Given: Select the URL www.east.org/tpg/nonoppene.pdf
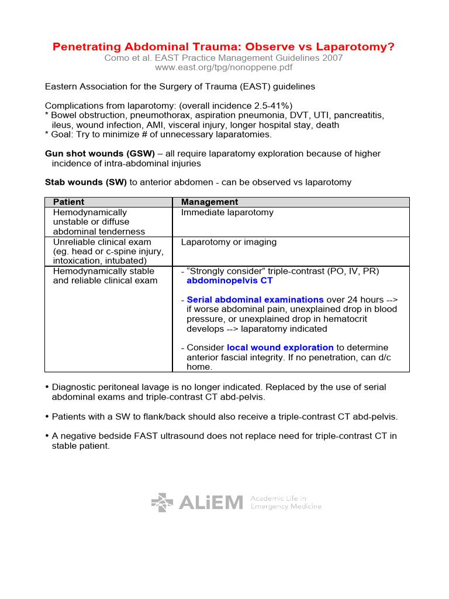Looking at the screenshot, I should click(x=223, y=67).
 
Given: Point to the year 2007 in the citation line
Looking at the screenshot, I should click(x=333, y=58).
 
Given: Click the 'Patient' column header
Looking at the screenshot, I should click(x=68, y=202).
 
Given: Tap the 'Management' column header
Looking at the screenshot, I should click(x=209, y=202).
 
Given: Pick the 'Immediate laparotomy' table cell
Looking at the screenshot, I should click(x=227, y=212).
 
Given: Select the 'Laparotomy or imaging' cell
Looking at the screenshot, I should click(x=229, y=242).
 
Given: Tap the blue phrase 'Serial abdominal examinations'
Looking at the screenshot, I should click(x=255, y=299).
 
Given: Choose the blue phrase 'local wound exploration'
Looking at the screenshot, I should click(x=280, y=347).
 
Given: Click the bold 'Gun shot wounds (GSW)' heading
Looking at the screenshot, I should click(x=100, y=154).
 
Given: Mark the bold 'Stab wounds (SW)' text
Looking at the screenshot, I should click(x=86, y=183).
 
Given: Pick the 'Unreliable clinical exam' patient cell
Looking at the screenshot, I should click(x=102, y=242).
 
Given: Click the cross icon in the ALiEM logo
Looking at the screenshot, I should click(x=162, y=502).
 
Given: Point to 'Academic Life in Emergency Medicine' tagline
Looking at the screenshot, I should click(x=285, y=502).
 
